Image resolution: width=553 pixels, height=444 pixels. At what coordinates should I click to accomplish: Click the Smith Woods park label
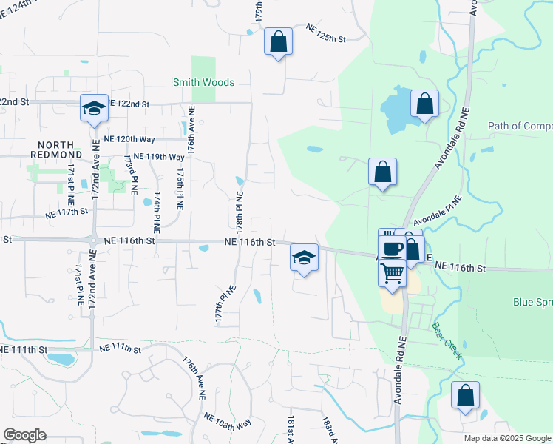[203, 83]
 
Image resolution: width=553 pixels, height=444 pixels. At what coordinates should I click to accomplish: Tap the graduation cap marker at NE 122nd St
[94, 108]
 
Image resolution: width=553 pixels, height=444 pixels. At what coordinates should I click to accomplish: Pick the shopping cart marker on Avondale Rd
[392, 272]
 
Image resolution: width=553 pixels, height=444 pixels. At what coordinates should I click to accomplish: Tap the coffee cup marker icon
[391, 248]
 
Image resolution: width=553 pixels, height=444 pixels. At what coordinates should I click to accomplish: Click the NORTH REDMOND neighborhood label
[52, 149]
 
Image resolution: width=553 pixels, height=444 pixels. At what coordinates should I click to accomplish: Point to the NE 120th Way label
[129, 139]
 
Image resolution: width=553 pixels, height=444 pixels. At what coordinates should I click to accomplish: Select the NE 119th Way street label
[155, 157]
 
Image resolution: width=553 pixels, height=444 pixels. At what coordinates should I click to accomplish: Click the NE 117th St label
[67, 211]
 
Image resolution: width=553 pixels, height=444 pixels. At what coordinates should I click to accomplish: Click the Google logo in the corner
[25, 435]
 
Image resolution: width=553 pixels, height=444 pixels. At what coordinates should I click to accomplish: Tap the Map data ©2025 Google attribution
[507, 438]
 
